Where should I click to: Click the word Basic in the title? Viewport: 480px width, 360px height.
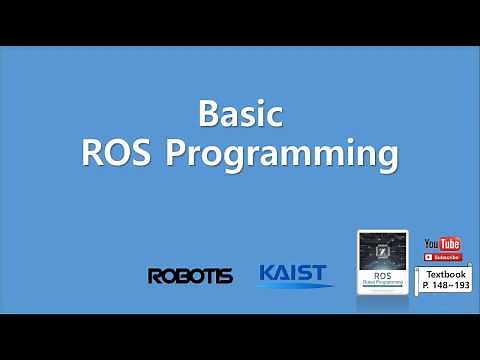(x=239, y=113)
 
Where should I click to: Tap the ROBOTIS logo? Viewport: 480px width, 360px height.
(x=190, y=275)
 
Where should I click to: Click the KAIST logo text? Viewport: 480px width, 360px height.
(x=294, y=272)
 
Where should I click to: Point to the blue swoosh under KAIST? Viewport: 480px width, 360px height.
(x=295, y=286)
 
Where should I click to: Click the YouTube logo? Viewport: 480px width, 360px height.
(x=442, y=244)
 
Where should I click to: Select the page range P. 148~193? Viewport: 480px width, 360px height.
(x=446, y=285)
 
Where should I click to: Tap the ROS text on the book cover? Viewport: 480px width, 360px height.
(x=383, y=273)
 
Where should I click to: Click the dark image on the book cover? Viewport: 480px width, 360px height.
(x=383, y=250)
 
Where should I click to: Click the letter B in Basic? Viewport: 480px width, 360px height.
(x=208, y=113)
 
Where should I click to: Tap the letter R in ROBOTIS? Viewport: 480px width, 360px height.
(x=155, y=275)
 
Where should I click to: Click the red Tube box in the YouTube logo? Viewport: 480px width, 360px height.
(x=450, y=244)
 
